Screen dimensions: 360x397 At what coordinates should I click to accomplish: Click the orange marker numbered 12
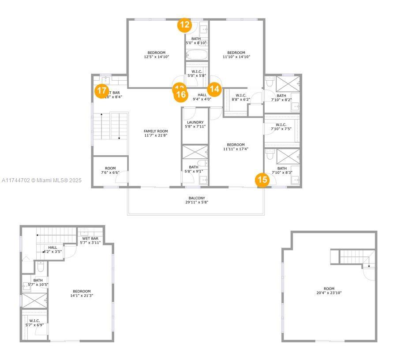point(185,25)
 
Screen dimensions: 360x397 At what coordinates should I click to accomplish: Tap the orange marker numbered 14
point(214,89)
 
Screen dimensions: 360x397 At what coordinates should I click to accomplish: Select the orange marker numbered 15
point(262,180)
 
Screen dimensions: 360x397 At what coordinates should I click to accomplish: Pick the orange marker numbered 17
point(102,91)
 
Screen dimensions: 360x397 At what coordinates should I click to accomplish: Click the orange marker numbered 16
point(181,94)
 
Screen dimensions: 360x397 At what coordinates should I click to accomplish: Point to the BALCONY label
point(196,199)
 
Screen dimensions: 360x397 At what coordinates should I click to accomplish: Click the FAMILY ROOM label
point(156,131)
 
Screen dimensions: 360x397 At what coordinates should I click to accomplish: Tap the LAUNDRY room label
point(195,122)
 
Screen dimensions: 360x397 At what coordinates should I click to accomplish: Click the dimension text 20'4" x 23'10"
point(329,292)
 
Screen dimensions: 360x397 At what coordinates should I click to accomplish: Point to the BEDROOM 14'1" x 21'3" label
point(82,291)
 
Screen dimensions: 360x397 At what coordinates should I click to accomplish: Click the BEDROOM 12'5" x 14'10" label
point(157,52)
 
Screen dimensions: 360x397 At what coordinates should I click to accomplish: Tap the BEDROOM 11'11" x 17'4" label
point(236,145)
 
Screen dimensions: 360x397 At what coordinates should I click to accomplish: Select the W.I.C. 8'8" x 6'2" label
point(241,95)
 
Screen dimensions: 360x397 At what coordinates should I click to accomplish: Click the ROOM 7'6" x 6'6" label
point(110,168)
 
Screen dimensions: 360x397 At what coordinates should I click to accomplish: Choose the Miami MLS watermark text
point(42,180)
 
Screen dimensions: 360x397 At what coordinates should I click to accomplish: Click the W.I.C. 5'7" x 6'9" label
point(34,321)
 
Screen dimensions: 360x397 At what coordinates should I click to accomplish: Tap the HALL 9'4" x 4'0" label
point(202,95)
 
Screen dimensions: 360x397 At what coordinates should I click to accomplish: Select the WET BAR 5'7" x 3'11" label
point(90,238)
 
